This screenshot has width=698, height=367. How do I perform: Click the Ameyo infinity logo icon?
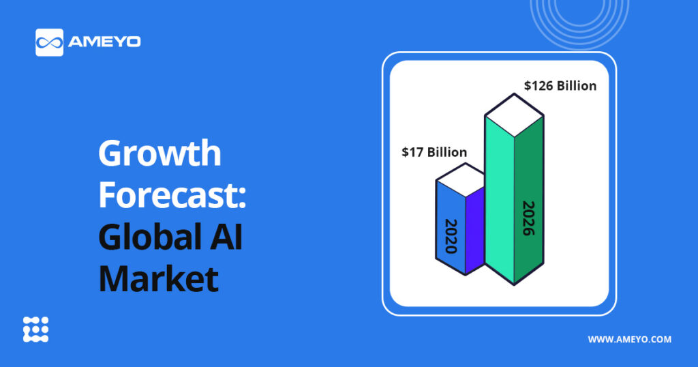pos(49,42)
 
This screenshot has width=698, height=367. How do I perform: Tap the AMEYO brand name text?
pos(104,42)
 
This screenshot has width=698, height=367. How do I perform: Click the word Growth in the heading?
pos(160,153)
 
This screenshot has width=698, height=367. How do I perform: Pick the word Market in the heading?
pos(158,278)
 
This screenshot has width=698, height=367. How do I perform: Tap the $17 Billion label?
pos(434,152)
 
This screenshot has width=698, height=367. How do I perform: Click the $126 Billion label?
pos(560,85)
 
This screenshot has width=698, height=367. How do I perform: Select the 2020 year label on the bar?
pos(451,236)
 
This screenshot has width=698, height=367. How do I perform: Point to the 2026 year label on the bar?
pos(528,218)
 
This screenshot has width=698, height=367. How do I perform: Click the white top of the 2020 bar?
pos(460,180)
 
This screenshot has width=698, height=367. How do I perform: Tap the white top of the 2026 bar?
pos(514,115)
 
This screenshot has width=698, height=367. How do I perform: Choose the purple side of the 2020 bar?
pos(475,230)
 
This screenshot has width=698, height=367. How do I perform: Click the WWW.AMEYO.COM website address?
pos(629,340)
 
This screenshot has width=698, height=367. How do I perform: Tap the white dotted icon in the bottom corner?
pos(35,329)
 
